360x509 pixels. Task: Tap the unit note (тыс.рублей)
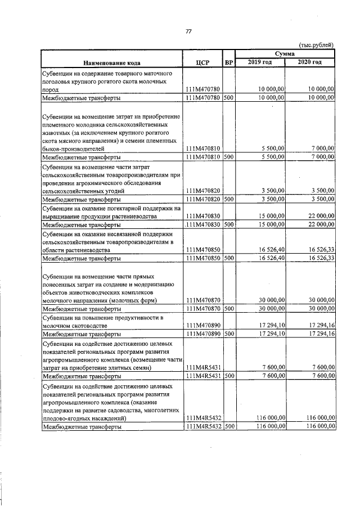pyautogui.click(x=317, y=44)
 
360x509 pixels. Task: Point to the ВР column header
pyautogui.click(x=228, y=62)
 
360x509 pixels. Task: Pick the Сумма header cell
pyautogui.click(x=286, y=52)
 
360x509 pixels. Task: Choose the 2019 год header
pyautogui.click(x=260, y=62)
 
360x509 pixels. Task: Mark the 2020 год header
pyautogui.click(x=310, y=62)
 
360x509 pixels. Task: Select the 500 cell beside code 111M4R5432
pyautogui.click(x=228, y=427)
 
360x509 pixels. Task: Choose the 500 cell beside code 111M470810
pyautogui.click(x=228, y=157)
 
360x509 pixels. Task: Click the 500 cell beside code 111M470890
pyautogui.click(x=228, y=334)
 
